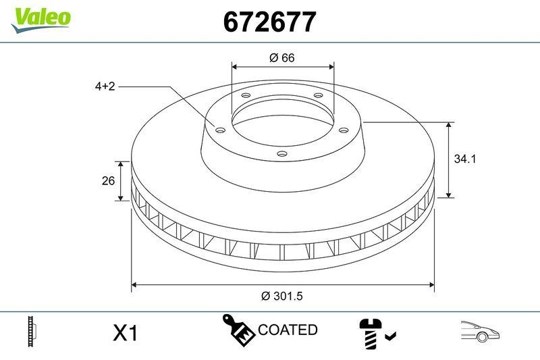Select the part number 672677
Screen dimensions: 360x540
point(269,23)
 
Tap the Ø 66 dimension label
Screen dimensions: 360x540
point(282,58)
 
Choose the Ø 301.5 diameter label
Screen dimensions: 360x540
point(283,296)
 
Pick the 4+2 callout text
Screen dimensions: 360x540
point(105,86)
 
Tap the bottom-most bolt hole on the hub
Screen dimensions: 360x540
point(282,155)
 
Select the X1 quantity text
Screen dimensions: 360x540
point(125,333)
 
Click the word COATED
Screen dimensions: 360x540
point(288,330)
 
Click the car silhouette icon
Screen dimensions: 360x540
point(480,331)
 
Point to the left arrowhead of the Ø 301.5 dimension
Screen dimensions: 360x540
point(134,285)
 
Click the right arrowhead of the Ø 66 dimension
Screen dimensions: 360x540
point(331,66)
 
